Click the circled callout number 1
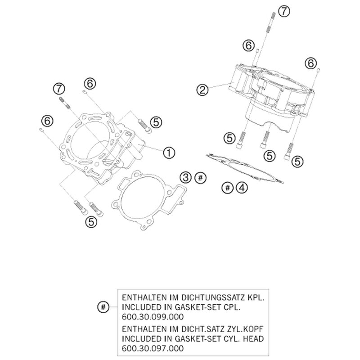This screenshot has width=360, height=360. click(x=169, y=153)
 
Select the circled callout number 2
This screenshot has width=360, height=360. click(x=202, y=90)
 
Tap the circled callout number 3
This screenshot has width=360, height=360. click(x=185, y=177)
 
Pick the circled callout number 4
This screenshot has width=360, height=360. click(x=242, y=188)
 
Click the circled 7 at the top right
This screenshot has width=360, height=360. click(x=284, y=11)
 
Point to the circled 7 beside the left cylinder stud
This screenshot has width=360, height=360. click(x=59, y=89)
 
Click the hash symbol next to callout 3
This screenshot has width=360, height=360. click(x=200, y=178)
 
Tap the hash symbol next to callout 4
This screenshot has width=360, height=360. click(x=228, y=188)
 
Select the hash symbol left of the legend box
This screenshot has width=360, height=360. click(x=103, y=307)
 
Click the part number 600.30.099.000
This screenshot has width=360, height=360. click(x=153, y=317)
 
